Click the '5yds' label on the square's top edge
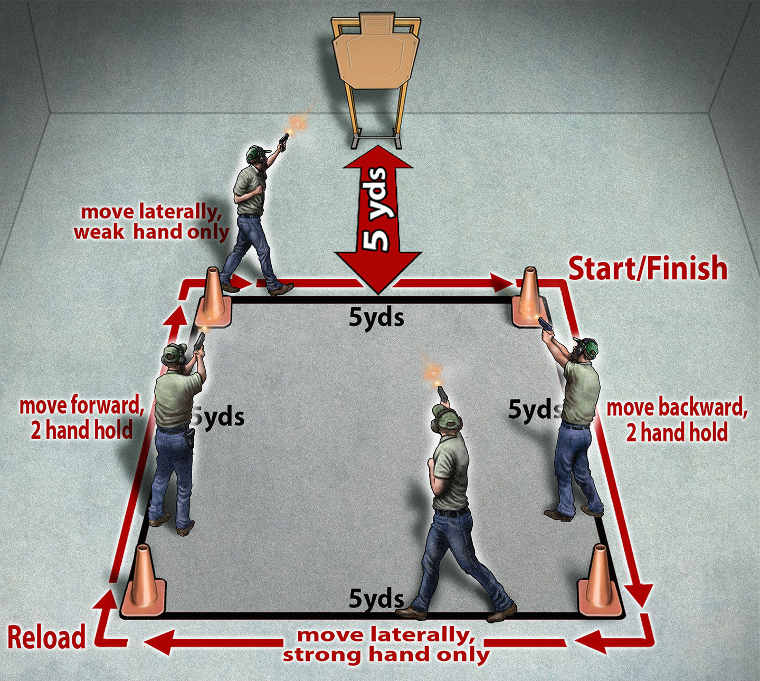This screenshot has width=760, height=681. coord(376,318)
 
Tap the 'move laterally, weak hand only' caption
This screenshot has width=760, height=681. coord(151,222)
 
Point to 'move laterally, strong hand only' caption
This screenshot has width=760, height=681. coord(386,645)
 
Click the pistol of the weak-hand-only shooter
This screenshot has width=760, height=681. coord(283,142)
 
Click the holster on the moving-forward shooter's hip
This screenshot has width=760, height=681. coord(190,437)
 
